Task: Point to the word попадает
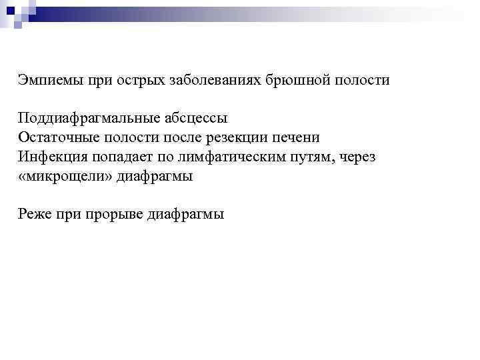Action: pos(119,157)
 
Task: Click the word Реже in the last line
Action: pos(35,215)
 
